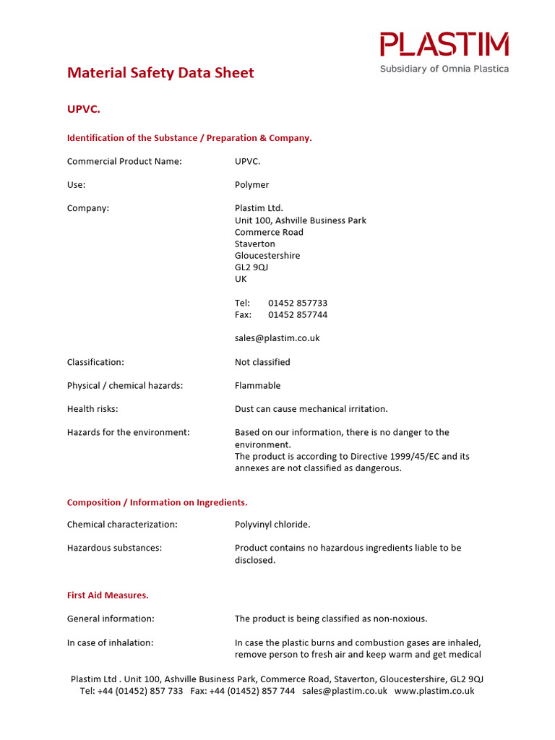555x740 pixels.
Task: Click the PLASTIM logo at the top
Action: click(444, 44)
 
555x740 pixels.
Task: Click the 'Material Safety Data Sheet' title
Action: click(160, 73)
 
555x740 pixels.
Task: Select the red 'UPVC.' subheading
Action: click(84, 109)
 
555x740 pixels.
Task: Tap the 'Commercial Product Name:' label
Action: click(124, 161)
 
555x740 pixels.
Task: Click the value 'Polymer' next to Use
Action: click(251, 185)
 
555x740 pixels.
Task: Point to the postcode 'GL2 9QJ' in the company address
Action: click(251, 267)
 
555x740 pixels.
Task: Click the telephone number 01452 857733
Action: click(298, 303)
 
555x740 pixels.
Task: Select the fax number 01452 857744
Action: click(298, 314)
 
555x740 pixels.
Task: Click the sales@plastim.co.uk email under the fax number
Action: click(277, 338)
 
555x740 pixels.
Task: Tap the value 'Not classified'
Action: click(262, 362)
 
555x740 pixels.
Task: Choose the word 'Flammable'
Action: click(257, 386)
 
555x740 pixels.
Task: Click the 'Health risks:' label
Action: click(92, 409)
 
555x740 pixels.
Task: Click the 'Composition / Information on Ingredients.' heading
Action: click(158, 502)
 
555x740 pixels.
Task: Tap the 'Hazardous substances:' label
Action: click(114, 548)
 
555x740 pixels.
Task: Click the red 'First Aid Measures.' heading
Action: click(108, 595)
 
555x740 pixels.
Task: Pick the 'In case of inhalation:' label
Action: click(110, 642)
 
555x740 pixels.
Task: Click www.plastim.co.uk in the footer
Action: click(434, 691)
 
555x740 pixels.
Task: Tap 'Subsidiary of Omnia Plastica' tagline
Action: click(444, 69)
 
